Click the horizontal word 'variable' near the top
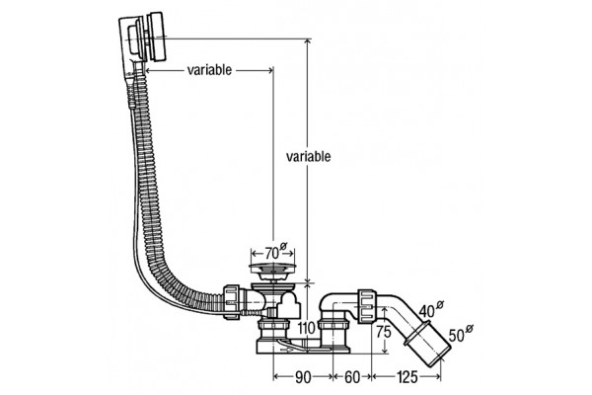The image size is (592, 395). click(x=209, y=70)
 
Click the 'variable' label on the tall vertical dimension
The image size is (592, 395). click(x=308, y=156)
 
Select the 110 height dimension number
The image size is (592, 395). click(x=306, y=329)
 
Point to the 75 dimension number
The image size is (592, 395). click(x=384, y=332)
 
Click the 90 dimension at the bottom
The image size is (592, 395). click(x=303, y=377)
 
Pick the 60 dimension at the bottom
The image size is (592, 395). click(x=352, y=377)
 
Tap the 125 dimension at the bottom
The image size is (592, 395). click(x=407, y=377)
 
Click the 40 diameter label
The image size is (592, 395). click(x=431, y=309)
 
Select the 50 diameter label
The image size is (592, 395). click(x=460, y=334)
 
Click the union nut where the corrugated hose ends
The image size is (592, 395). click(x=232, y=301)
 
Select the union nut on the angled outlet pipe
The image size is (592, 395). click(x=366, y=306)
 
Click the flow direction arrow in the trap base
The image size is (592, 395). click(x=286, y=350)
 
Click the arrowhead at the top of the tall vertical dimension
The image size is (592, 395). click(x=309, y=41)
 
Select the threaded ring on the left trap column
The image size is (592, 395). click(x=273, y=326)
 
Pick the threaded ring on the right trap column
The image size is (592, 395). click(x=334, y=326)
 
